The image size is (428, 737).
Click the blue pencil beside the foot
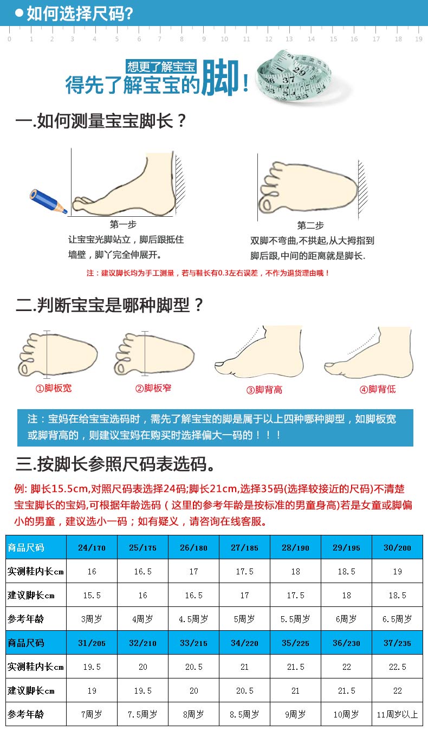(48, 201)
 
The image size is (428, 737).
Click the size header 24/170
(92, 548)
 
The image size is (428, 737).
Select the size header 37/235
(397, 643)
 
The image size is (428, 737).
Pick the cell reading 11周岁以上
(397, 715)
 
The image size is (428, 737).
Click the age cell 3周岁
(92, 619)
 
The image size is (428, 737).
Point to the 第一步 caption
(123, 225)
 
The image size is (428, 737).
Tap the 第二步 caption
(310, 225)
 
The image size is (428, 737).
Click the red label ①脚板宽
(53, 388)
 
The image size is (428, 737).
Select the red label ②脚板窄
(153, 388)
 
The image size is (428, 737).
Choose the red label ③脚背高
(264, 390)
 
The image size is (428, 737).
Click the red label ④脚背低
(377, 390)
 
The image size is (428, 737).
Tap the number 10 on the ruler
(224, 39)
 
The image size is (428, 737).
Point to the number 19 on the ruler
(418, 39)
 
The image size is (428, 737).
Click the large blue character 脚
(220, 77)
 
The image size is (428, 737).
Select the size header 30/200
(397, 548)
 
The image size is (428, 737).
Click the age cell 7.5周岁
(142, 715)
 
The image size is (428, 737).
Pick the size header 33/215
(193, 643)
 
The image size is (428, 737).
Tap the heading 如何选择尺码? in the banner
(80, 14)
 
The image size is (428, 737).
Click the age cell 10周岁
(346, 715)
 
